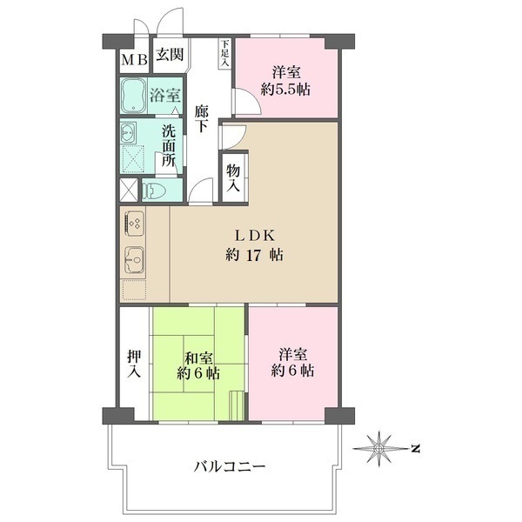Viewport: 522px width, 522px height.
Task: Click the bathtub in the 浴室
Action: tap(133, 95)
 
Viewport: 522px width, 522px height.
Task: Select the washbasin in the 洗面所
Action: tap(129, 132)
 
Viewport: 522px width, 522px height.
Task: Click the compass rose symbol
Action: tap(378, 448)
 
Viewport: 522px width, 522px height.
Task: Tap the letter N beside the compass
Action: tap(415, 448)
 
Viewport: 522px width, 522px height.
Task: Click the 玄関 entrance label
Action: tap(171, 55)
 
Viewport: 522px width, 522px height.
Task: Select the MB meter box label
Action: tap(135, 60)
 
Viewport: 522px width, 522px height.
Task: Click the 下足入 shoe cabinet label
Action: tap(225, 53)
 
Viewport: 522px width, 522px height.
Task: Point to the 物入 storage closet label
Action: tap(233, 178)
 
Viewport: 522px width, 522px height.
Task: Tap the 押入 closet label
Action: tap(134, 365)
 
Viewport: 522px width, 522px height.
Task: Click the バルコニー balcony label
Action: tap(230, 466)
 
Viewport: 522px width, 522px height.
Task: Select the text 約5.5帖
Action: tap(285, 90)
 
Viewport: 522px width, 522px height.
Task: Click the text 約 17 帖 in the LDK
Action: tap(255, 255)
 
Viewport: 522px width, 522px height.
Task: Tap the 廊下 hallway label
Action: tap(202, 118)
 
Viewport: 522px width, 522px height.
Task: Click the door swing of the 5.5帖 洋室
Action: tap(248, 102)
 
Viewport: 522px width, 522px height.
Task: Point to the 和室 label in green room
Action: tap(198, 358)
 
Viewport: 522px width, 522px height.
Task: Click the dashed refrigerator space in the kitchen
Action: tap(135, 290)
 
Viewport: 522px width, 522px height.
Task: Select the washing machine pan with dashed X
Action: tap(133, 159)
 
